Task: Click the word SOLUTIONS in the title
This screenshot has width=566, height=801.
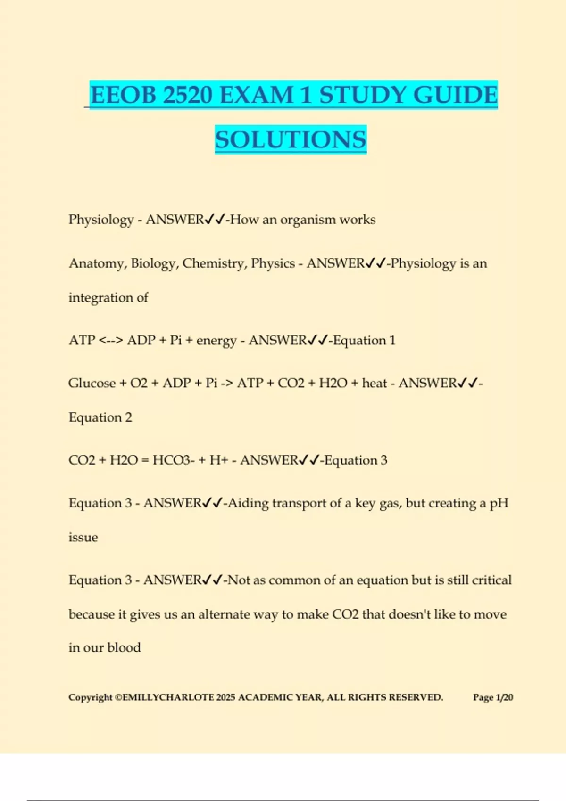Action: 291,139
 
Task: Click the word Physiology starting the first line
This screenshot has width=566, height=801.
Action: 101,220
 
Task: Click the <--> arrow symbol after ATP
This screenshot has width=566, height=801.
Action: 111,340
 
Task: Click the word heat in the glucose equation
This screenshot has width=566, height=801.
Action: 375,383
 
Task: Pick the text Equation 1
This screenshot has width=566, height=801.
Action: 364,340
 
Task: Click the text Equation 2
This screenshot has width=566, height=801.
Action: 100,417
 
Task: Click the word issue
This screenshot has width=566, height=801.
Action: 83,537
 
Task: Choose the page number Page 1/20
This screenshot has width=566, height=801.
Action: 493,697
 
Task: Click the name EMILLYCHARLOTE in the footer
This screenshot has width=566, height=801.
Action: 168,697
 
